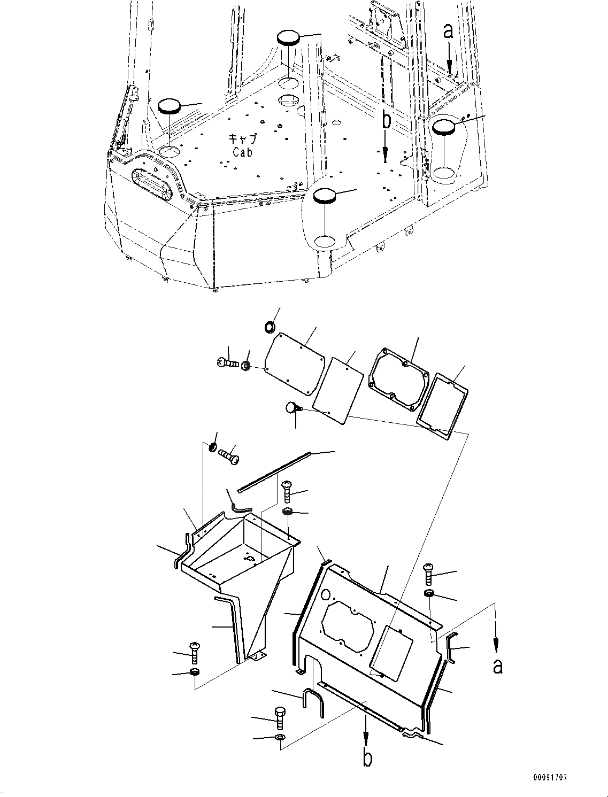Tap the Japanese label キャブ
pyautogui.click(x=242, y=139)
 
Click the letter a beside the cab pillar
pyautogui.click(x=449, y=32)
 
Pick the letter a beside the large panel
pyautogui.click(x=498, y=666)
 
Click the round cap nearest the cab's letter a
pyautogui.click(x=444, y=128)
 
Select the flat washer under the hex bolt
pyautogui.click(x=280, y=738)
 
